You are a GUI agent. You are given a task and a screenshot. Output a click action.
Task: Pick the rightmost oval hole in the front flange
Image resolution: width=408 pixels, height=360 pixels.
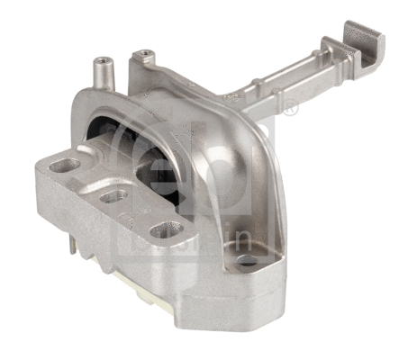point(162,230)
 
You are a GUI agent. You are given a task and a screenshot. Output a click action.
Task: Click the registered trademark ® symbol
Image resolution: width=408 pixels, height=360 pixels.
point(290,110)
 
